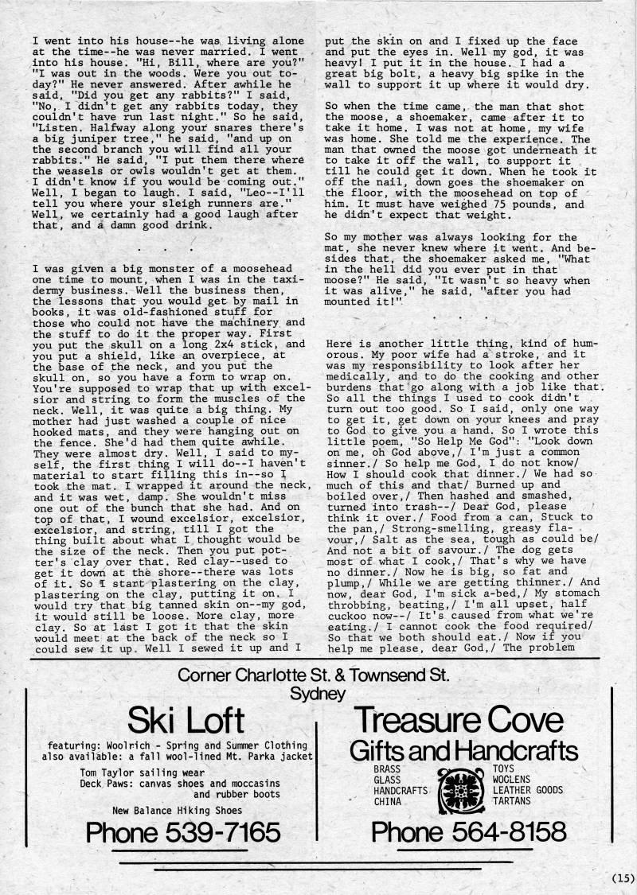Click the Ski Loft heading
pos(186,721)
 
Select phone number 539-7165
pos(183,832)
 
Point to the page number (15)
pos(622,878)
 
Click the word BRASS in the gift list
pos(388,769)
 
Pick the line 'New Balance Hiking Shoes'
pos(175,811)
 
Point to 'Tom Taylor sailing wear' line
pos(143,772)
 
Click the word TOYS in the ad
pos(504,769)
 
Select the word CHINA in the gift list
pos(389,802)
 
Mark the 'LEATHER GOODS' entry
pos(528,791)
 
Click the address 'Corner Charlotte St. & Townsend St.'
pos(314,676)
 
